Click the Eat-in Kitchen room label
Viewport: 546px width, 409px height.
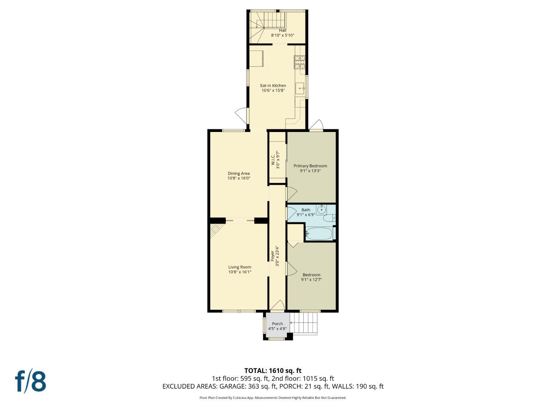tap(273, 85)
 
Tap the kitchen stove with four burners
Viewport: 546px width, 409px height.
tap(299, 62)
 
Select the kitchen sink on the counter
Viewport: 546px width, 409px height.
tap(300, 88)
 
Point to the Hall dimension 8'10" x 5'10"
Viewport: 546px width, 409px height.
tap(282, 35)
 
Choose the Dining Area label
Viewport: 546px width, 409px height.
tap(239, 173)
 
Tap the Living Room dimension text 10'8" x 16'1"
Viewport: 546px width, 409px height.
tap(240, 272)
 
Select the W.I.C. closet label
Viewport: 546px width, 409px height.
tap(275, 160)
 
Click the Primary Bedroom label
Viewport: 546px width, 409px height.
tap(310, 166)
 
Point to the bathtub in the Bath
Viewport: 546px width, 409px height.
tap(319, 233)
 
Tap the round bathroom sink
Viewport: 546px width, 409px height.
tap(321, 209)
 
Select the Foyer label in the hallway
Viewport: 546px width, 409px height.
tap(273, 256)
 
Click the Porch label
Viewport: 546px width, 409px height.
tap(277, 324)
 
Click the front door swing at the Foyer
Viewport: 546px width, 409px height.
tap(277, 306)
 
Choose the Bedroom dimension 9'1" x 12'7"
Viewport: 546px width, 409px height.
tap(311, 280)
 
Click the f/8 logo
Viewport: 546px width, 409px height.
tap(31, 381)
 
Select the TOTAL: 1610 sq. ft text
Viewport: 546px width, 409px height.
tap(273, 371)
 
